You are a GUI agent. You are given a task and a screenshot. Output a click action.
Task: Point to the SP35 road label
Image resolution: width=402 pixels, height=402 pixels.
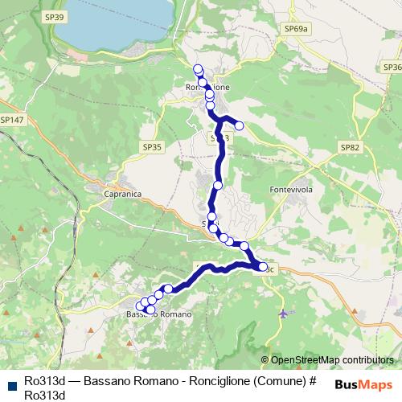(151, 147)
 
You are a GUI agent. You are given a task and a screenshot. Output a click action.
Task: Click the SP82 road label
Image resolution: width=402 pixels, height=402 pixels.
(350, 147)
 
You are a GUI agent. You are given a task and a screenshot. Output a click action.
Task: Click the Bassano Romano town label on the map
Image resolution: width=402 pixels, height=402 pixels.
(160, 314)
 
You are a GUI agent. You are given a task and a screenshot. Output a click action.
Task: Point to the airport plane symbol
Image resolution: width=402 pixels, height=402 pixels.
(282, 312)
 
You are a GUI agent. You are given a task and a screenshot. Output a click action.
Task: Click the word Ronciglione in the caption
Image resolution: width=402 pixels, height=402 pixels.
(201, 380)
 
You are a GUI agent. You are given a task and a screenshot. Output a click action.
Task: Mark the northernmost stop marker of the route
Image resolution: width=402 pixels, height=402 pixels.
(198, 68)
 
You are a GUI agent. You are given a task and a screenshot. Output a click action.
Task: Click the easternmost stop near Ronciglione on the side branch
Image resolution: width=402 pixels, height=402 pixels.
(239, 125)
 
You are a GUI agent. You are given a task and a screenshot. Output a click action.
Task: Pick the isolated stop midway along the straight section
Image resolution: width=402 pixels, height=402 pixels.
(217, 186)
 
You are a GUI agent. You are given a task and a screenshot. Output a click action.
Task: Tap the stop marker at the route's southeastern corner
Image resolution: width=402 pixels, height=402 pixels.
(262, 266)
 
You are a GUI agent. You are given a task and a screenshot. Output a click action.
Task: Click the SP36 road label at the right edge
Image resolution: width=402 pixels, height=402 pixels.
(392, 68)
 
